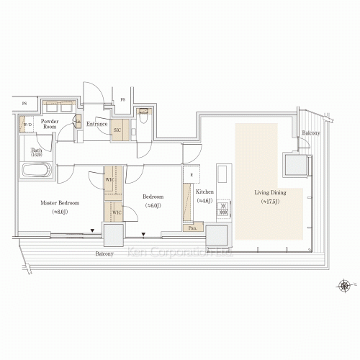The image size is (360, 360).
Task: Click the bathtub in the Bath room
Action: coord(35,171)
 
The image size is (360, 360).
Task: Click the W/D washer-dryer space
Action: coord(28,125)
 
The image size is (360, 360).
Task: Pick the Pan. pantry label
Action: coord(192,228)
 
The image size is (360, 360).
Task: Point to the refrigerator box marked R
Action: coord(190,175)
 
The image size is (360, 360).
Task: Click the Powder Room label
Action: coord(49,125)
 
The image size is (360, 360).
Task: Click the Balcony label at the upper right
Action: coord(311,133)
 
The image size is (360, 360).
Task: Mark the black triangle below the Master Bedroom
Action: coord(92,232)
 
